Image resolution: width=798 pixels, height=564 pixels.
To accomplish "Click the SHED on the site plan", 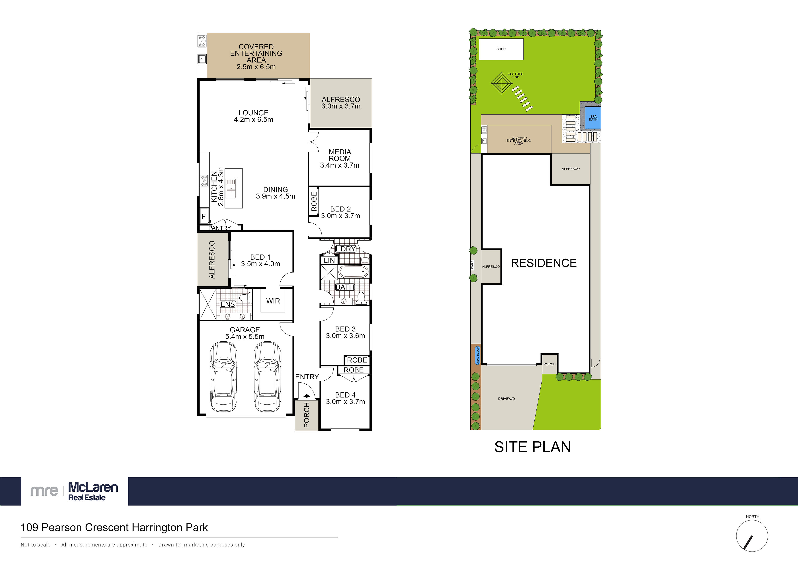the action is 501,49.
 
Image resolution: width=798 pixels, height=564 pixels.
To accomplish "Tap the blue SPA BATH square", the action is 593,118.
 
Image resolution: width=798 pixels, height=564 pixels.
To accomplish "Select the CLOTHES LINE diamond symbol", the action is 502,83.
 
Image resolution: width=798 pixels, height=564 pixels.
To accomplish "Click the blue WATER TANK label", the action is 477,355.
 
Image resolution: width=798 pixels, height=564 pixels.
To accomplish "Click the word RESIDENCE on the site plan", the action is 544,263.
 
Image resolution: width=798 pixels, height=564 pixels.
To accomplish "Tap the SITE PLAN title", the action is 532,447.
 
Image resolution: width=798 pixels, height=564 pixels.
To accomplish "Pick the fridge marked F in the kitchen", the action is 204,216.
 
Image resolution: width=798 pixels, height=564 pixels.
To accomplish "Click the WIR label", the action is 273,301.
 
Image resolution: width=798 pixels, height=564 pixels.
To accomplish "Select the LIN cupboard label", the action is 329,260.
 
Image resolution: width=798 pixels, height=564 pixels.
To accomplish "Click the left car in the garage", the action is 223,376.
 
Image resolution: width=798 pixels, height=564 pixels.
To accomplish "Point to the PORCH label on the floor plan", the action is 307,415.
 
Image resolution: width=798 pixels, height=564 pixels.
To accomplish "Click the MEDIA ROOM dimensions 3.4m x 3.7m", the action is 340,165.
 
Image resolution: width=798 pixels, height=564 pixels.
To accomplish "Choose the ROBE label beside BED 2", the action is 314,201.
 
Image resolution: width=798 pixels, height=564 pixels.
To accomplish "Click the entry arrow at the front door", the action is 307,396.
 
